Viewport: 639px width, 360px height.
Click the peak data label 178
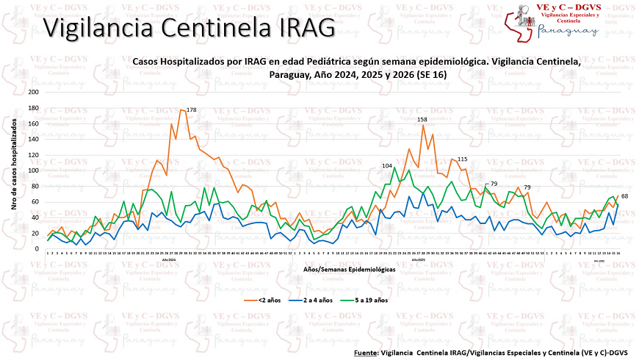(191, 110)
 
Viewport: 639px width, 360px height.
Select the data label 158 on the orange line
(422, 119)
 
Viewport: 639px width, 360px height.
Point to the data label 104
(387, 165)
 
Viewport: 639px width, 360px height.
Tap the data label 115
(462, 159)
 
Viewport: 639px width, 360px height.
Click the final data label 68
(624, 196)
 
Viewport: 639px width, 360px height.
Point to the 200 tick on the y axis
(33, 93)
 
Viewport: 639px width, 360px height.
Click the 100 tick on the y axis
(33, 170)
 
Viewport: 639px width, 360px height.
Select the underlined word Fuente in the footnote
(365, 352)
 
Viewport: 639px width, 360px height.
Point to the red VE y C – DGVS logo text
(572, 6)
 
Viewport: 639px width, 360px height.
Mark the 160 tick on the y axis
(33, 123)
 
